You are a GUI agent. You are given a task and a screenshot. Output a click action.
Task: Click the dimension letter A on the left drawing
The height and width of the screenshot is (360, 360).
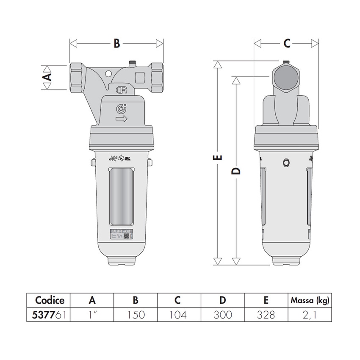48,77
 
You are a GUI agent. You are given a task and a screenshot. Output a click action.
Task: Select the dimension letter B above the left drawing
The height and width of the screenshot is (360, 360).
117,43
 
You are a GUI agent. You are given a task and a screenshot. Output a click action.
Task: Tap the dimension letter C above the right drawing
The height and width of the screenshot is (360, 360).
287,43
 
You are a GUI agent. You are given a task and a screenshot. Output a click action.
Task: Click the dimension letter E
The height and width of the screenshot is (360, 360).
218,158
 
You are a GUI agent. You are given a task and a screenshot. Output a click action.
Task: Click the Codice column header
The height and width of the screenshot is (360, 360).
50,300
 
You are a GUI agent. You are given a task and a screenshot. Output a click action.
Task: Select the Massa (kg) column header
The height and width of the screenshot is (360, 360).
310,301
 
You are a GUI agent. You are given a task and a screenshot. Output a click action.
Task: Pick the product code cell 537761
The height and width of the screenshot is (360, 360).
50,315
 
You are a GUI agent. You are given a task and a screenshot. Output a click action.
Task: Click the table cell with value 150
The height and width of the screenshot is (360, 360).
136,315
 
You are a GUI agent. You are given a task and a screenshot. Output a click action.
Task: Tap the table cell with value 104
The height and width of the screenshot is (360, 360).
178,315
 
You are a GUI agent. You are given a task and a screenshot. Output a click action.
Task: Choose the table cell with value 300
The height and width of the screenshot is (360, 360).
222,315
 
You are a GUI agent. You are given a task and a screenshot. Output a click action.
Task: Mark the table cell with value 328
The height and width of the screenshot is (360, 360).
266,315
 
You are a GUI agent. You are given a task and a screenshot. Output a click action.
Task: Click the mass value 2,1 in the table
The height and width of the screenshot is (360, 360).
310,315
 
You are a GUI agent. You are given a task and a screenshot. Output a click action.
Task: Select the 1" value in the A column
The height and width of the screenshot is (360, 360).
92,315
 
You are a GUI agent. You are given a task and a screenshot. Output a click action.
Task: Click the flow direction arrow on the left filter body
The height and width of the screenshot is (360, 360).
122,119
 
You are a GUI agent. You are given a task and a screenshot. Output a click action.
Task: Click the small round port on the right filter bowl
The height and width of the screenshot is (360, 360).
286,163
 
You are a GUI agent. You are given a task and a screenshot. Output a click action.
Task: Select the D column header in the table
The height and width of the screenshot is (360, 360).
222,300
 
